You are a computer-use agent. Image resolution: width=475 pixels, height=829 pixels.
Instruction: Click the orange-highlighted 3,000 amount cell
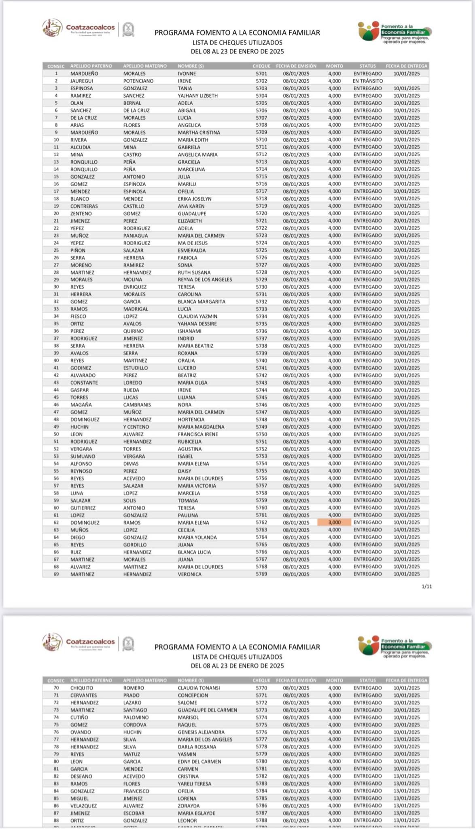coord(334,523)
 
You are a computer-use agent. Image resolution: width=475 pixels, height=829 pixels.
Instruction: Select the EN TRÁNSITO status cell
coord(367,81)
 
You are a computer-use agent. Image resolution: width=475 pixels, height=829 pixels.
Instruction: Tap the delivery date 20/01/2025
coord(407,221)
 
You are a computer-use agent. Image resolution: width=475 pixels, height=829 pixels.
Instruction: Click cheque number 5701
coord(261,74)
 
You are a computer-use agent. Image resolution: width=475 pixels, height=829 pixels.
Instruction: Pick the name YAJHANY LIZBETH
coord(197,96)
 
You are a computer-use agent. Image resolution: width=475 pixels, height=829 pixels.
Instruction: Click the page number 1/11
coord(427,587)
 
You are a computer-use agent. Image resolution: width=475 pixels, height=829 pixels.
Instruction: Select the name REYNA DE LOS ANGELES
coord(205,280)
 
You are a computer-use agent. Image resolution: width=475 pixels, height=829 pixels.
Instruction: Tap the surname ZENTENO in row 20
coord(81,214)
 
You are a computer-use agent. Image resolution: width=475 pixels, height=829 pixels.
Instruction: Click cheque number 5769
coord(261,574)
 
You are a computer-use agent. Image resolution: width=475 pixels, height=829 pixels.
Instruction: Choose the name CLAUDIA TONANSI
coord(199,688)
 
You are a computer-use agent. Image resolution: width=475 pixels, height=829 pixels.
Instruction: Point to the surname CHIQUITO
coord(82,688)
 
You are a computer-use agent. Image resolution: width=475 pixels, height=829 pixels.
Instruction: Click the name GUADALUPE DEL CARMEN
coord(207,710)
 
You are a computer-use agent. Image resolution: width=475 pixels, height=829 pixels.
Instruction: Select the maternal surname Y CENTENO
coord(136,427)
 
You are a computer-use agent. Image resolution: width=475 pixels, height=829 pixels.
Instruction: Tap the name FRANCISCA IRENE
coord(198,434)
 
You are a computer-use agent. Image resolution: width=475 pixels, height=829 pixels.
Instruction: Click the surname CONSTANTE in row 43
coord(84,383)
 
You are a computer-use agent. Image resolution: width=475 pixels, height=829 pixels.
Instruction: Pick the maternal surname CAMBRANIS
coord(137,405)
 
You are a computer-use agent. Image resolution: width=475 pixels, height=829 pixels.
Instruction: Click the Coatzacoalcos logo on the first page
coord(79,28)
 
